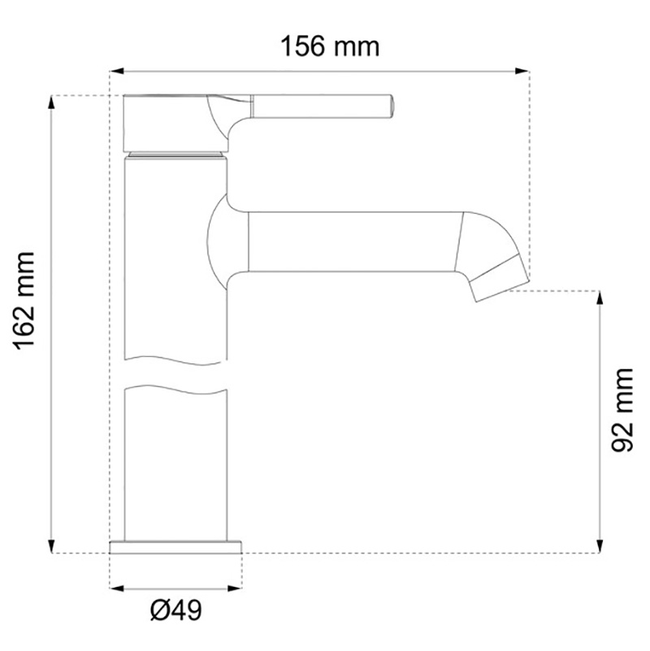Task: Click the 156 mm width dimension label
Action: (x=330, y=46)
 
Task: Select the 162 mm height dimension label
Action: (x=24, y=302)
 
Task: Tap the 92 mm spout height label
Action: (x=622, y=410)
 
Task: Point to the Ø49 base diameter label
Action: (x=176, y=610)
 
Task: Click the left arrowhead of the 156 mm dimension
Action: (x=117, y=72)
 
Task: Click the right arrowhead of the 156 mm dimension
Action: (x=522, y=72)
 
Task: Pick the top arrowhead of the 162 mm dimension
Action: (x=51, y=103)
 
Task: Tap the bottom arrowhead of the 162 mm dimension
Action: (x=51, y=545)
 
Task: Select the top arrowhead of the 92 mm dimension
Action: (x=600, y=298)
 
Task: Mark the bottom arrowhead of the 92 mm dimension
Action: (x=600, y=545)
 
